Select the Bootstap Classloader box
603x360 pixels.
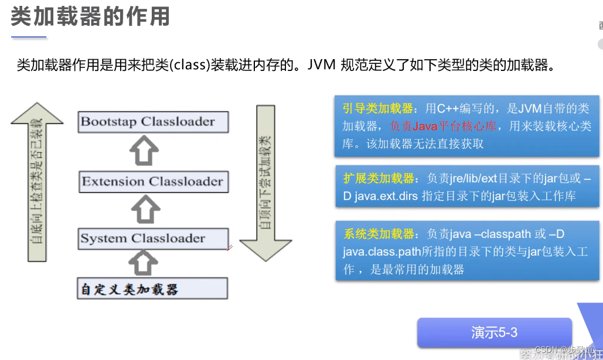click(x=153, y=122)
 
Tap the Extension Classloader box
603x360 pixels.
click(x=153, y=181)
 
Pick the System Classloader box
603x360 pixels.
click(x=153, y=239)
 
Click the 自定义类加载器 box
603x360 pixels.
click(x=152, y=289)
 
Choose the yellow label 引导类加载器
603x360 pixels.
click(x=377, y=109)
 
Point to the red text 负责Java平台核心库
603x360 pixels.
click(x=447, y=127)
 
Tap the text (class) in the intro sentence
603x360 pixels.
click(x=188, y=65)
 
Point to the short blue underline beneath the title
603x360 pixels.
click(x=28, y=38)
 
